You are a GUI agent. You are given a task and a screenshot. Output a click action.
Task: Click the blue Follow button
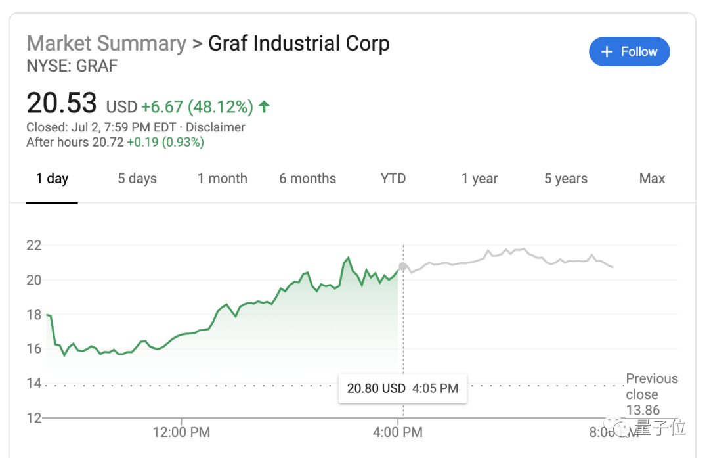pyautogui.click(x=629, y=52)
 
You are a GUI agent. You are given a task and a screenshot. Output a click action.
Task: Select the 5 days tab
pyautogui.click(x=137, y=179)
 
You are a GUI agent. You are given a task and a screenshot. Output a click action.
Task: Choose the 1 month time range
pyautogui.click(x=223, y=179)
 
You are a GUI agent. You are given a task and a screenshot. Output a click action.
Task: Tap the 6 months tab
pyautogui.click(x=307, y=179)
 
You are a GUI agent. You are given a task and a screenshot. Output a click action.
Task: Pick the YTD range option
pyautogui.click(x=393, y=179)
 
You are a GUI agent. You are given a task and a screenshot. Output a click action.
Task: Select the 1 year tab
pyautogui.click(x=479, y=179)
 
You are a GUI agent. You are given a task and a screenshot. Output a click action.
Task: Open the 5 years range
pyautogui.click(x=565, y=179)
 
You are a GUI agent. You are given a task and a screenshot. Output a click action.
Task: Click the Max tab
pyautogui.click(x=652, y=179)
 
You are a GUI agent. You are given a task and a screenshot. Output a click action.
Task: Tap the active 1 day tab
pyautogui.click(x=53, y=179)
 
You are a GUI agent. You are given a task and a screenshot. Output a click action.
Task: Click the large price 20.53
pyautogui.click(x=62, y=104)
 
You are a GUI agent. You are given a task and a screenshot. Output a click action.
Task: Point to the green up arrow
pyautogui.click(x=264, y=106)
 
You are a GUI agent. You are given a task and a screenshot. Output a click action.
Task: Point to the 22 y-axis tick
pyautogui.click(x=33, y=246)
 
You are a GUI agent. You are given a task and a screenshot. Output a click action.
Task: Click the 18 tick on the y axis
pyautogui.click(x=33, y=315)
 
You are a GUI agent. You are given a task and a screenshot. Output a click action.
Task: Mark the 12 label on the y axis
pyautogui.click(x=33, y=418)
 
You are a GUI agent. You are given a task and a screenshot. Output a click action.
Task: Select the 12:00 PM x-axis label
pyautogui.click(x=181, y=432)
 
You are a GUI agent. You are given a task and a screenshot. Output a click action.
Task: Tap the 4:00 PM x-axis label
pyautogui.click(x=398, y=432)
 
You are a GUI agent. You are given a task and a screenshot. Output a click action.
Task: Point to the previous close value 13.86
pyautogui.click(x=643, y=411)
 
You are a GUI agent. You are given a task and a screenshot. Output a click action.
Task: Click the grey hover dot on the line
pyautogui.click(x=403, y=265)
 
